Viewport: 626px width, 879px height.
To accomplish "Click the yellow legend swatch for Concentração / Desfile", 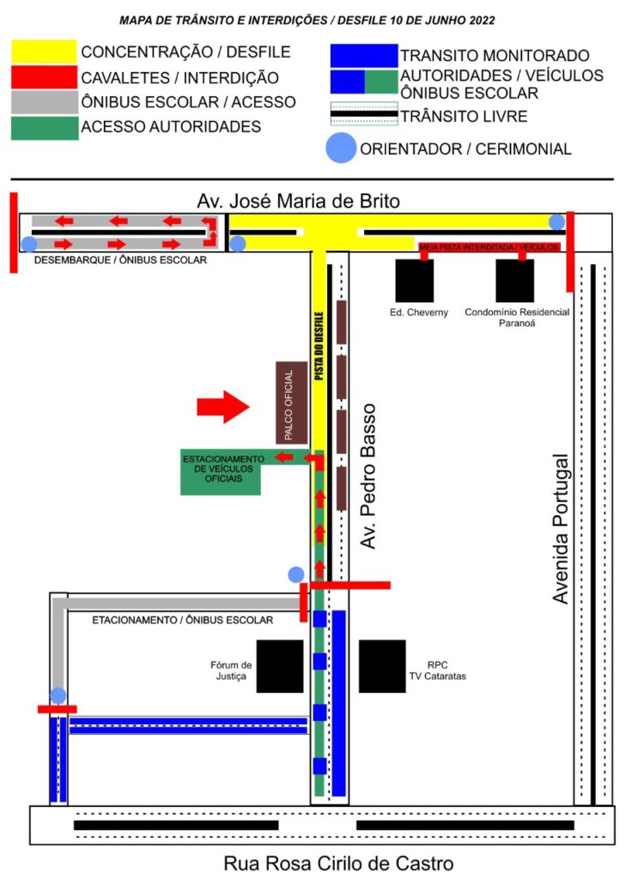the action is click(x=44, y=51).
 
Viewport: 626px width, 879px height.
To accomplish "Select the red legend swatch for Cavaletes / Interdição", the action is click(x=44, y=77).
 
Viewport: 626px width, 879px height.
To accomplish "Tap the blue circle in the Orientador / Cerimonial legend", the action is click(x=341, y=149).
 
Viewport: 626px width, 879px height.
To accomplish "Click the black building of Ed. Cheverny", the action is click(x=415, y=281).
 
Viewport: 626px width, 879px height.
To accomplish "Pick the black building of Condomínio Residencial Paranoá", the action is click(x=515, y=281).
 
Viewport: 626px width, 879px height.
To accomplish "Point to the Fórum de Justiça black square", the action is click(x=280, y=666).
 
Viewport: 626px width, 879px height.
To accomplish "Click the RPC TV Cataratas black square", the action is click(x=382, y=666).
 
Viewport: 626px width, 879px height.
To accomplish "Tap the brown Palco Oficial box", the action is click(x=292, y=403).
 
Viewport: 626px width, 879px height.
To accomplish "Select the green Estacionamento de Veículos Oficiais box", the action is click(x=221, y=472).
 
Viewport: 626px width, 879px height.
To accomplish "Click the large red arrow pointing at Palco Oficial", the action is click(x=222, y=406).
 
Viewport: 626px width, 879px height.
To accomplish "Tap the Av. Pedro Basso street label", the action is click(x=368, y=476).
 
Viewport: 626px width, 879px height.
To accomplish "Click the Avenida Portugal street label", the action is click(x=561, y=529).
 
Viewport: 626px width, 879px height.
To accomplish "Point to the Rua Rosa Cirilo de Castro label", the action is click(x=338, y=864).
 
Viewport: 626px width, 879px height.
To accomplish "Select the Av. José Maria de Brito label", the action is click(x=299, y=201).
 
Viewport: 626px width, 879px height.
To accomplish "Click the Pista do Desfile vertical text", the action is click(x=319, y=346).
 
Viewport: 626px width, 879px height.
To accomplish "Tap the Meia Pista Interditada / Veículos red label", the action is click(x=489, y=246).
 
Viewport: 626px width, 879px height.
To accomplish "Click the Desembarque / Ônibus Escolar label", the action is click(x=120, y=260).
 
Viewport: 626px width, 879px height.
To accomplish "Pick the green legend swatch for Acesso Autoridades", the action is click(x=45, y=128).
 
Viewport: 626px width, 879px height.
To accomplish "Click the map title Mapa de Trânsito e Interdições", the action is click(x=307, y=21).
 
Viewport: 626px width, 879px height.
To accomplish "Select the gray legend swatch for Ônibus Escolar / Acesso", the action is click(x=45, y=103).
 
